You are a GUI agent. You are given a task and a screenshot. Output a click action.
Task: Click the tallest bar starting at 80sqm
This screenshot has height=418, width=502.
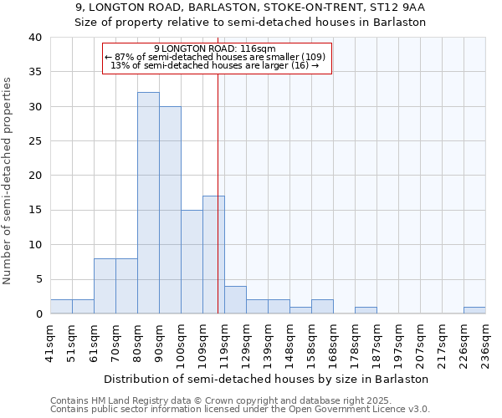tap(148, 203)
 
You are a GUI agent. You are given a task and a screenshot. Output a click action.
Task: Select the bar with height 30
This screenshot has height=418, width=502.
tap(170, 210)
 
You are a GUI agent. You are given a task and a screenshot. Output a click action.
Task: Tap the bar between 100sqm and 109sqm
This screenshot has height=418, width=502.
tap(192, 262)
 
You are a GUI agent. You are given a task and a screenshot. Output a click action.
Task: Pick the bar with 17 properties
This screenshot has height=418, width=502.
tap(213, 255)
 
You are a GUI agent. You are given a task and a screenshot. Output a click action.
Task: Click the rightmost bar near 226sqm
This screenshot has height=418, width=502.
tap(474, 310)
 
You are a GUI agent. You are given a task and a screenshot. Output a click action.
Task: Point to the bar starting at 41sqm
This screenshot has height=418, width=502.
tap(61, 307)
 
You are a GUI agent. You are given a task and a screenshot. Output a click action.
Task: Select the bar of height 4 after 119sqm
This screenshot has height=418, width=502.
tap(235, 300)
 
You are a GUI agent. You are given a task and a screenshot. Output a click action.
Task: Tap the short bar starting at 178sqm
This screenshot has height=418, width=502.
tap(366, 310)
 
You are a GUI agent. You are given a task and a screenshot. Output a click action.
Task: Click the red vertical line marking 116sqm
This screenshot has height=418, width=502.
tap(218, 192)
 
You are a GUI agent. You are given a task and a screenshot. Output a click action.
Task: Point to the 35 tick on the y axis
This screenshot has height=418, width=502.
tap(35, 72)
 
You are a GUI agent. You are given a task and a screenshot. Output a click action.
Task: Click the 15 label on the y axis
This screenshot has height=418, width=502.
tap(35, 210)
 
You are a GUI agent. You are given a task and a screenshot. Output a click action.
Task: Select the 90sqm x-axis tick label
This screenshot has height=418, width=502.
tap(160, 342)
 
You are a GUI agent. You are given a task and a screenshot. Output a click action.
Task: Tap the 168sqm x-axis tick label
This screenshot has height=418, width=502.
tap(334, 342)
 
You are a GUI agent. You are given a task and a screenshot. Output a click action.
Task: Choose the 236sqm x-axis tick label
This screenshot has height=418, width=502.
tap(486, 342)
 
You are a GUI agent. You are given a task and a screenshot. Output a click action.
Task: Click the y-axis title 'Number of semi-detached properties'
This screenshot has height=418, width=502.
tap(8, 180)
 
